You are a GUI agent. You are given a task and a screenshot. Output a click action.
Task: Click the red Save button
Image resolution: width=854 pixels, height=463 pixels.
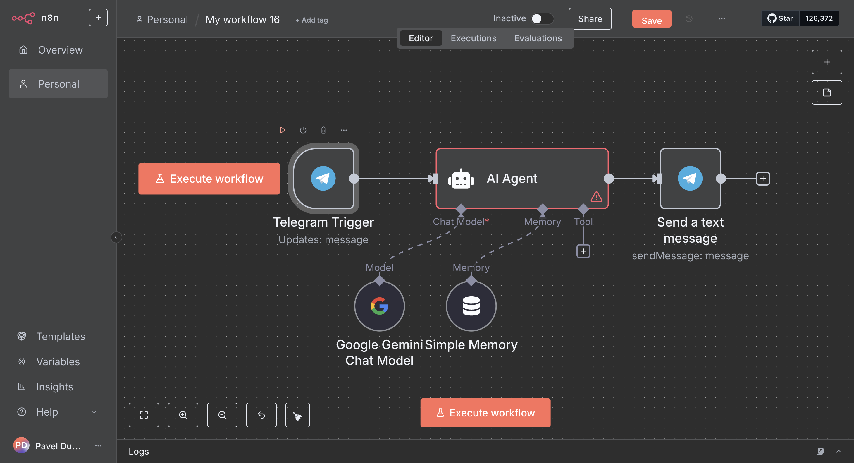[x=651, y=19]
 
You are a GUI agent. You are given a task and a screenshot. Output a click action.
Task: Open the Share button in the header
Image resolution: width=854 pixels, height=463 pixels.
[x=590, y=19]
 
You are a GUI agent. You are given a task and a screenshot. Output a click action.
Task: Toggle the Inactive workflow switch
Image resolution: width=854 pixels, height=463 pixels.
[x=542, y=18]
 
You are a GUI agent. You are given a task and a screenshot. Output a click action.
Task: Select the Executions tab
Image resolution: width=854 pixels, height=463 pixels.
[x=473, y=38]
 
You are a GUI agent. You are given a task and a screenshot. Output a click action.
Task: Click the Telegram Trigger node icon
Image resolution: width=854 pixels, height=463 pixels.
[x=323, y=179]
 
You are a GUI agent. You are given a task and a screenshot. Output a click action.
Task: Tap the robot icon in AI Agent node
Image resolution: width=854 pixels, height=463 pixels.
[x=461, y=179]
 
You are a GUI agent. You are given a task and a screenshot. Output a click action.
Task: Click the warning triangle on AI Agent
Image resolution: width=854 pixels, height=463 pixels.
[x=596, y=197]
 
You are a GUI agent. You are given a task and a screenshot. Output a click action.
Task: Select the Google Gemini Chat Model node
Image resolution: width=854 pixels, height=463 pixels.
[x=379, y=306]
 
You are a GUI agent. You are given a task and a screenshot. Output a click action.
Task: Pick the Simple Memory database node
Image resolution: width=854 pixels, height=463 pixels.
[x=471, y=306]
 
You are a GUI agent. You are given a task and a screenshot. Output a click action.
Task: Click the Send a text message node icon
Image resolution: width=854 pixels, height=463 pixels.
[x=690, y=179]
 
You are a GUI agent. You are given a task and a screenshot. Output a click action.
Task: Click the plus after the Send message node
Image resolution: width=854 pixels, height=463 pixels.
[x=762, y=179]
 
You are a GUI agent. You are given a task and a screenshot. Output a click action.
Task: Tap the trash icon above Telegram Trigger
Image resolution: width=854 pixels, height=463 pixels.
[x=323, y=130]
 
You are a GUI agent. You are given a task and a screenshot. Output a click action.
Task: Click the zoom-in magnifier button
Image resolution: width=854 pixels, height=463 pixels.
[x=183, y=415]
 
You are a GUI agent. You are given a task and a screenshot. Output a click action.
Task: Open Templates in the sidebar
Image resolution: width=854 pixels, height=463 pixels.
[x=60, y=336]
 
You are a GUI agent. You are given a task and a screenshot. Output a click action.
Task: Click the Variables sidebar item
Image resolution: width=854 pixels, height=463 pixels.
[x=58, y=361]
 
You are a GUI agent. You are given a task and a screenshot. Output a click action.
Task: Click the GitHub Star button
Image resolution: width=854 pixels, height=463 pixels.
[x=780, y=18]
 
